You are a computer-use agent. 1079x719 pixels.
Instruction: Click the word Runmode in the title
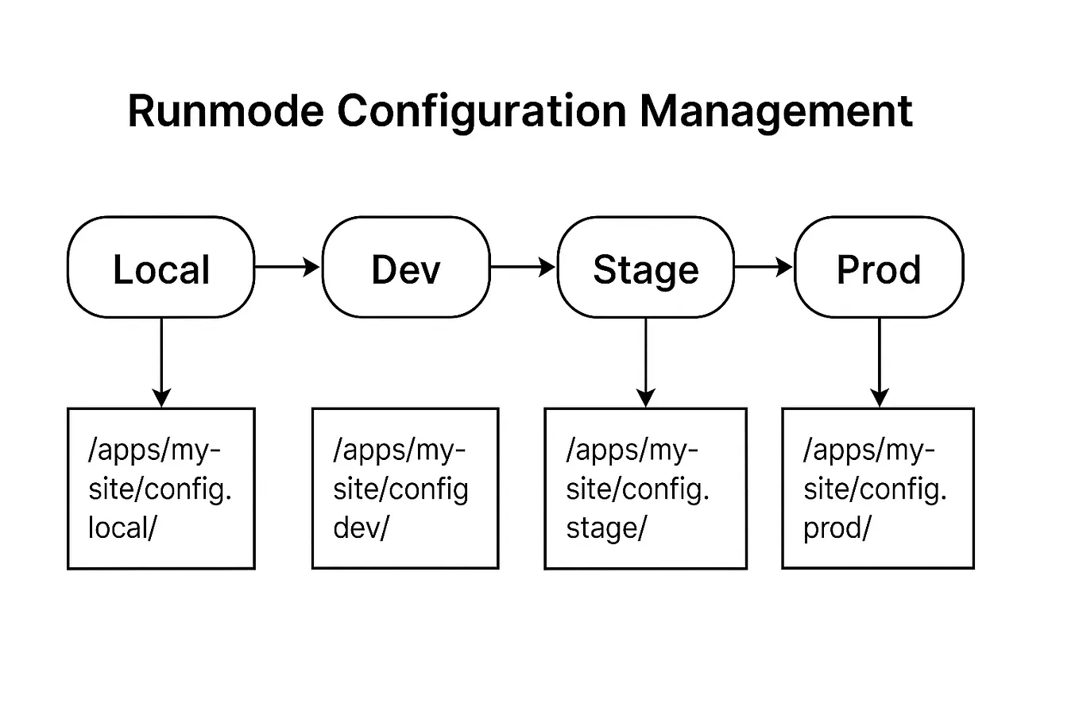[226, 110]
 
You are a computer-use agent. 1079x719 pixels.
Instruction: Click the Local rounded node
[161, 268]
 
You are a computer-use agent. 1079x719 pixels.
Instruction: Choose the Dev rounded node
[406, 268]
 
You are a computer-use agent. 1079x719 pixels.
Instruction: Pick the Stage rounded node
[645, 268]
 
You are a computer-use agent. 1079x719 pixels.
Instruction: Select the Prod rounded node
[879, 268]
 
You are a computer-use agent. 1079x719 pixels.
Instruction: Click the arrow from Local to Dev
[287, 267]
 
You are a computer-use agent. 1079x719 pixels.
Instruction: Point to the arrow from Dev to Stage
[523, 267]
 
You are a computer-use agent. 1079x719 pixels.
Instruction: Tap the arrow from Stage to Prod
[763, 267]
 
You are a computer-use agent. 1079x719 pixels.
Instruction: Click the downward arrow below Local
[161, 361]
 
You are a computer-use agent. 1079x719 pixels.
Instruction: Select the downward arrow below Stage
[646, 361]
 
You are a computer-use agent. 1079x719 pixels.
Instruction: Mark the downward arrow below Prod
[879, 361]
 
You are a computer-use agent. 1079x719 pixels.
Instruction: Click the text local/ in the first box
[122, 528]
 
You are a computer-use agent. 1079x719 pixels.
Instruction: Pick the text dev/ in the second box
[361, 528]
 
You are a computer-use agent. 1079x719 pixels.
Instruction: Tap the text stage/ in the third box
[606, 528]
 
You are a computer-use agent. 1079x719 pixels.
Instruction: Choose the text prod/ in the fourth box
[837, 528]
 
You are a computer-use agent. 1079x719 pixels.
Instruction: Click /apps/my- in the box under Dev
[399, 450]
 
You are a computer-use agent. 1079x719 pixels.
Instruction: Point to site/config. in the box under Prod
[875, 489]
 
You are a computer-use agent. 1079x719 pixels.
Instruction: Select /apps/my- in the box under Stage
[632, 450]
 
